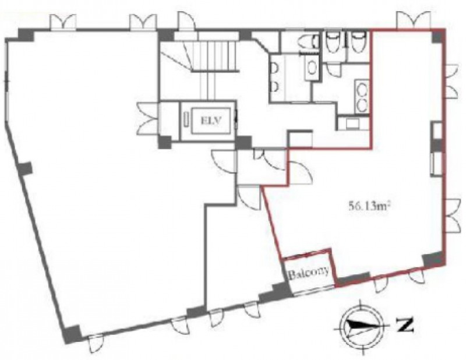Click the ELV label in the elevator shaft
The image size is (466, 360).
tap(211, 121)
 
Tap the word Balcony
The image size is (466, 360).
tap(309, 272)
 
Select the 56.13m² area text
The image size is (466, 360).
tap(369, 205)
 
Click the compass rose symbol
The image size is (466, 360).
tap(361, 326)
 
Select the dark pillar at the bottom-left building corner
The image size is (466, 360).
tap(71, 334)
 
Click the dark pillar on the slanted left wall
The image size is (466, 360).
tap(25, 169)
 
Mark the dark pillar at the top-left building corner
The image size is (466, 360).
tap(26, 35)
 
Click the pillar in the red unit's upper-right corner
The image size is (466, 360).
tap(438, 36)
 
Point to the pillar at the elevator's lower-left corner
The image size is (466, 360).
tap(165, 142)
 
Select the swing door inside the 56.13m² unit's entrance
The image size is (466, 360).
tap(300, 172)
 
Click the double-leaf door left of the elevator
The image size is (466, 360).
tap(148, 119)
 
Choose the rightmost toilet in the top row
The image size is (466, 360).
tap(358, 43)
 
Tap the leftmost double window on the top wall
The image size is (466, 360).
tap(63, 22)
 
